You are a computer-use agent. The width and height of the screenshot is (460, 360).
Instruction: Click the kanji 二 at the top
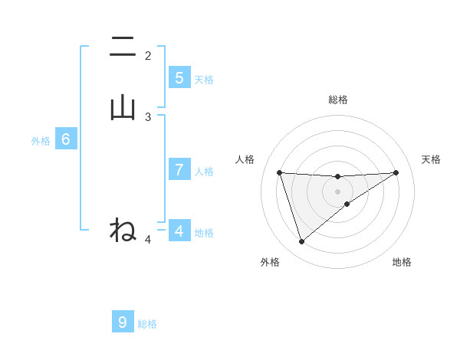click(123, 47)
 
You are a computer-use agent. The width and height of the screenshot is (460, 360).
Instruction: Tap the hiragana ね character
click(123, 230)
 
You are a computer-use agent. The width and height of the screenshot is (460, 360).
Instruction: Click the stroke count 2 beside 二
click(148, 56)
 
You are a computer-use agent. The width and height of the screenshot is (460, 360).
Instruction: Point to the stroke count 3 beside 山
click(148, 117)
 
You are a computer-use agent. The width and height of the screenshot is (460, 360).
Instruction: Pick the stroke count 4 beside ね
click(148, 240)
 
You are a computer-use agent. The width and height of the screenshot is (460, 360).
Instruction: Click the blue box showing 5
click(179, 77)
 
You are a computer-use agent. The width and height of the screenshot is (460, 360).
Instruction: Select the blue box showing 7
click(179, 170)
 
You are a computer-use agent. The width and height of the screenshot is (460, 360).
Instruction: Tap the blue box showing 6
click(66, 139)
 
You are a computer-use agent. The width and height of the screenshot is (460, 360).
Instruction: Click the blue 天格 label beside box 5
click(204, 79)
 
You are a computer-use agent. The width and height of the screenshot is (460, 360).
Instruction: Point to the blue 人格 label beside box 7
click(204, 172)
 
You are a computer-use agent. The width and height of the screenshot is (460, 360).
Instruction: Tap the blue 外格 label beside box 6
click(41, 141)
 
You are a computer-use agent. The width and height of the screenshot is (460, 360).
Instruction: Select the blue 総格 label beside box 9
click(147, 324)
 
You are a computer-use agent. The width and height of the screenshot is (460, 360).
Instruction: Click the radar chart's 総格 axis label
click(338, 100)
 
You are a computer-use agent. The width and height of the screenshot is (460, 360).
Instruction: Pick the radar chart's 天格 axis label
click(432, 159)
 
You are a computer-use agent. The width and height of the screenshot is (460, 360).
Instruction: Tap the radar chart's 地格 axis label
click(402, 262)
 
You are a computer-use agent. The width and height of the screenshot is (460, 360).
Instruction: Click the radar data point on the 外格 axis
click(301, 242)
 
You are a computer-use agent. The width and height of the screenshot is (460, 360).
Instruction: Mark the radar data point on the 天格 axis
click(396, 172)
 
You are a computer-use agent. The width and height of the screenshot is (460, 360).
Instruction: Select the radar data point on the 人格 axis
click(279, 172)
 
